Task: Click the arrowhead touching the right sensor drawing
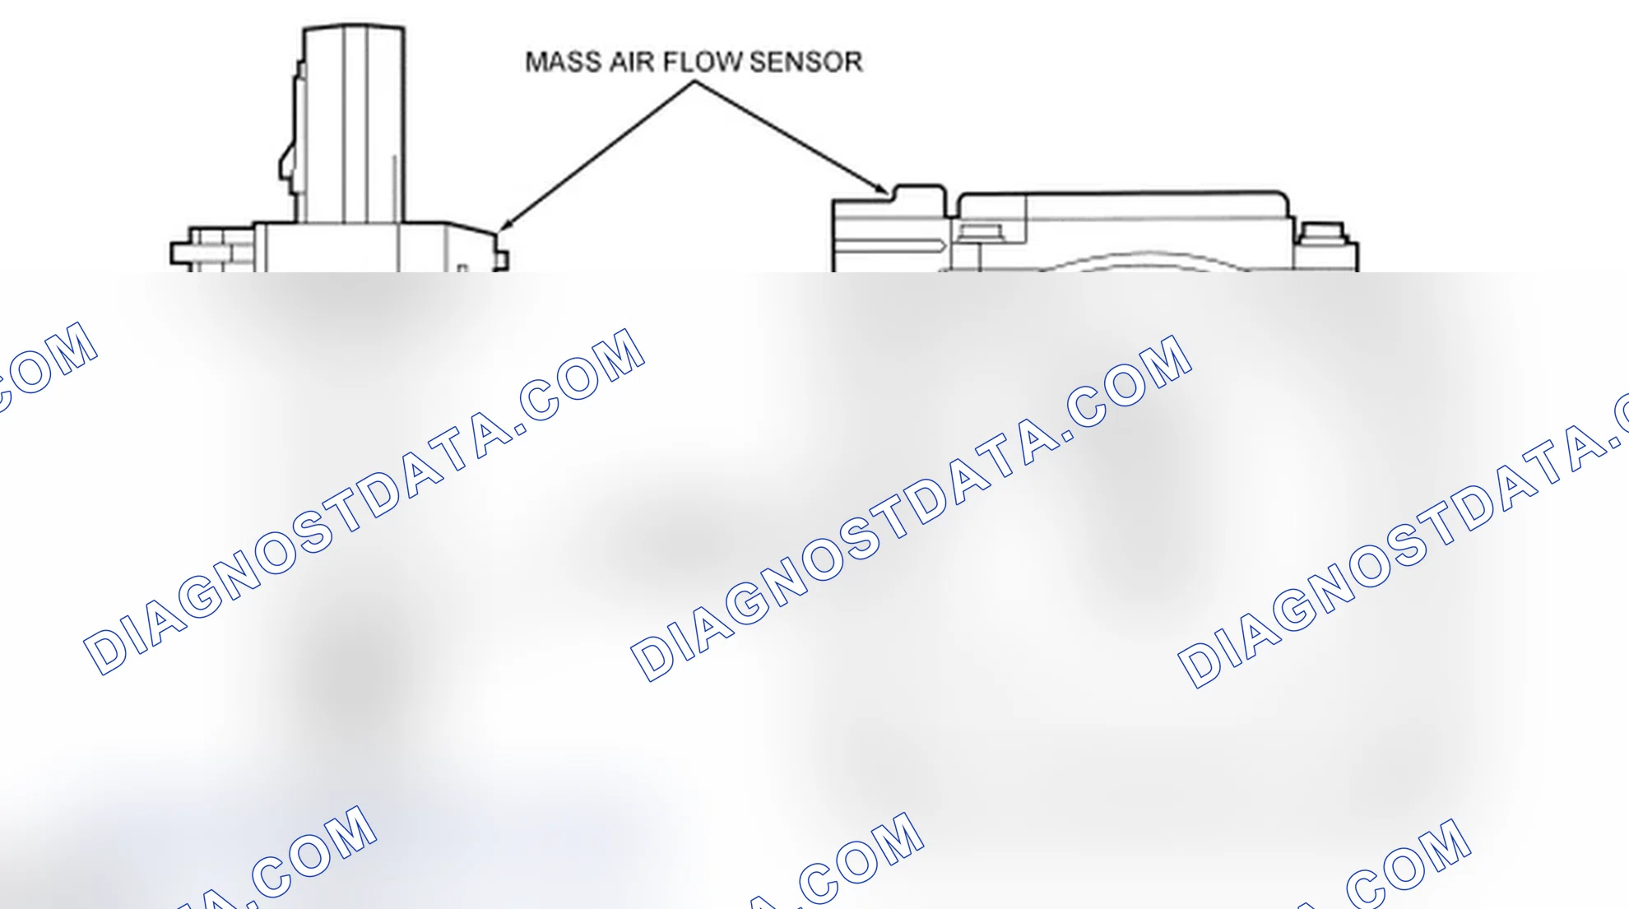[880, 188]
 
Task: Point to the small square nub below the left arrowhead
[501, 259]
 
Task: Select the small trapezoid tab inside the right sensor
[981, 233]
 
